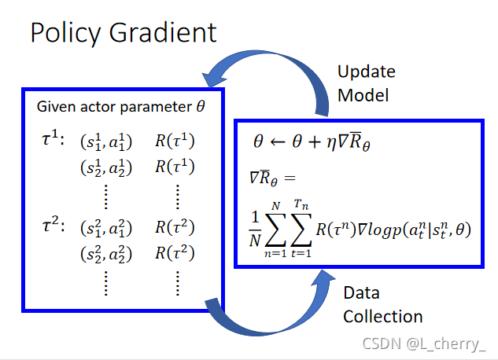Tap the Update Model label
pos(366,83)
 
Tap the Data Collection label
pos(382,305)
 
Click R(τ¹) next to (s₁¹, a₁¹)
pos(174,142)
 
